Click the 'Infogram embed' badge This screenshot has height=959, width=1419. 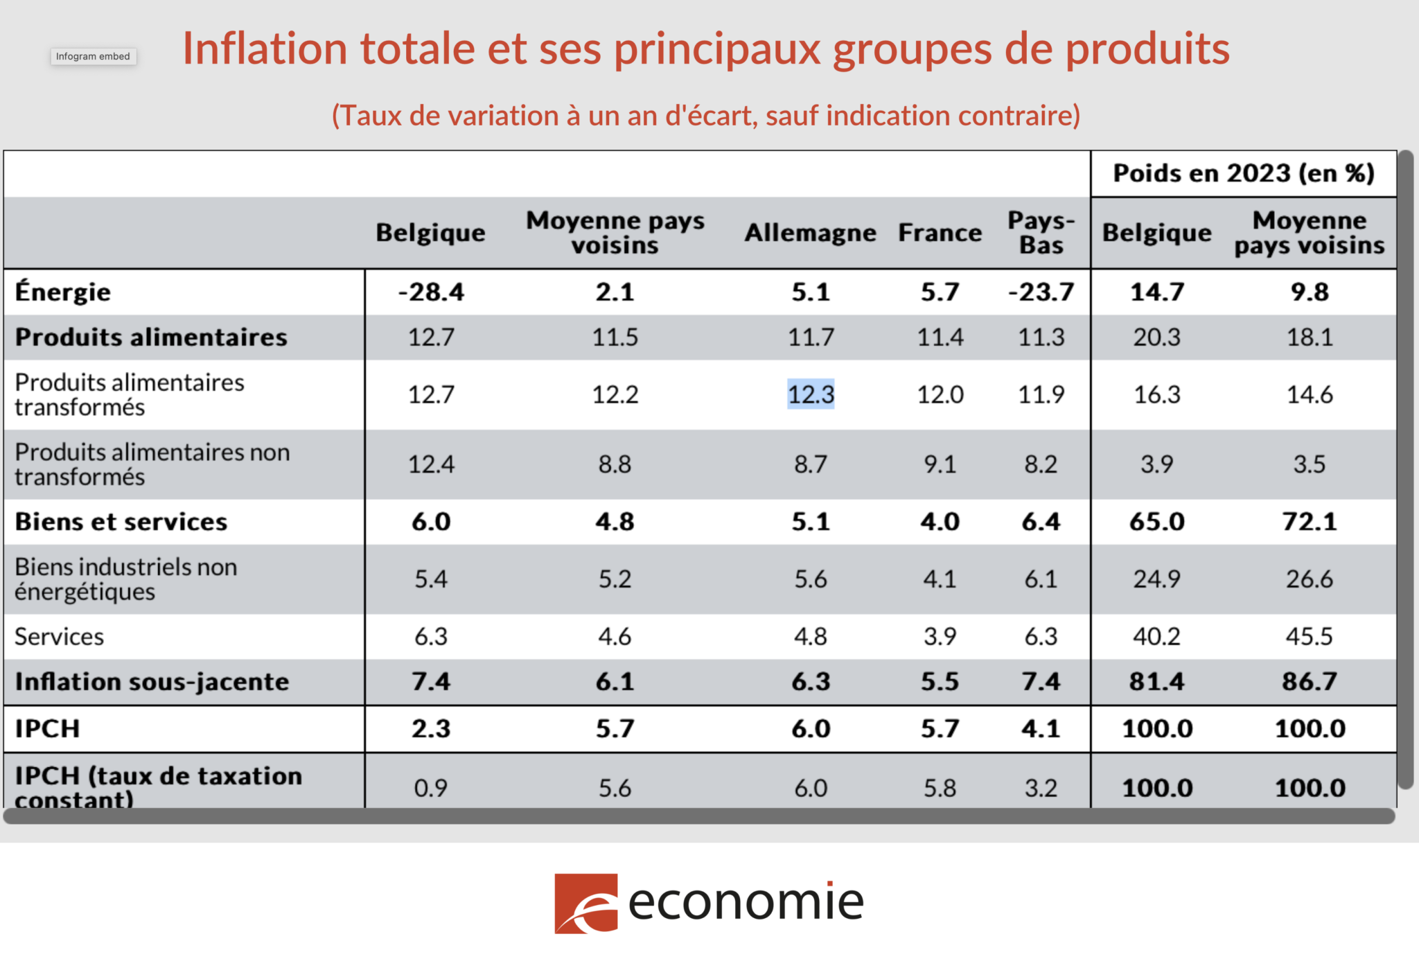[x=93, y=56]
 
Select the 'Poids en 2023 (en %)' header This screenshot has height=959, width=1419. [x=1244, y=173]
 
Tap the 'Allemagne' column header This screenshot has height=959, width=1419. [x=810, y=233]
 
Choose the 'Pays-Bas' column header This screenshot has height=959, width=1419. [x=1041, y=233]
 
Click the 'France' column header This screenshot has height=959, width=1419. [x=940, y=233]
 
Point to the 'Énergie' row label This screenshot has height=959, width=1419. [x=63, y=292]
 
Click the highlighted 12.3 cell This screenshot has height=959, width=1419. [x=811, y=394]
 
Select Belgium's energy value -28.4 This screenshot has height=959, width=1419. [x=431, y=292]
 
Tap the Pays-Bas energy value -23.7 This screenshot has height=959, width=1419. [x=1041, y=292]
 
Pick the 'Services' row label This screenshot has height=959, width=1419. [x=60, y=636]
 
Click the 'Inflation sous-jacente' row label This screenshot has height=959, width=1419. [x=152, y=682]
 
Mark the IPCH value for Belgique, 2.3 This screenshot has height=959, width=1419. [x=431, y=728]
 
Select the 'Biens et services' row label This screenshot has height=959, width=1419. [x=121, y=522]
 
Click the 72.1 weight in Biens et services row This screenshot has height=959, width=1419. [x=1309, y=522]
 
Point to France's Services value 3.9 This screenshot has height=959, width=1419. [x=940, y=636]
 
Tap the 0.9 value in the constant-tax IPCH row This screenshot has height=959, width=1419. [x=431, y=788]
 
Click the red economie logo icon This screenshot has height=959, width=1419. [x=585, y=904]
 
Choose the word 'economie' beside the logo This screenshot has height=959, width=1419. [x=746, y=902]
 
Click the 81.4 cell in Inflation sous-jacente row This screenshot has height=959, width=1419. [x=1156, y=682]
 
